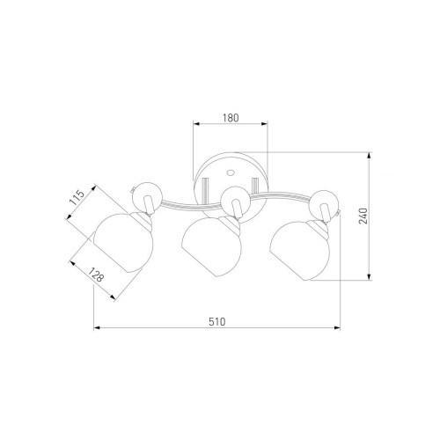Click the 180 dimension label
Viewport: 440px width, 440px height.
231,118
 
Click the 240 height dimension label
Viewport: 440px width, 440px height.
363,216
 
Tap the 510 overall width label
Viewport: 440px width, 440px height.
217,322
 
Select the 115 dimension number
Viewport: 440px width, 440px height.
77,197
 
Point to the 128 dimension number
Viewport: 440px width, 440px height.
96,275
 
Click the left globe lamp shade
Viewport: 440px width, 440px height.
123,243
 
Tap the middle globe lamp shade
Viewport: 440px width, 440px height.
211,246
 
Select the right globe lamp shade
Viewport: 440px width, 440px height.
300,251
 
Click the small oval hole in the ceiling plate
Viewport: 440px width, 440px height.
231,172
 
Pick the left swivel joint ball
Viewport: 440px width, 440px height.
147,196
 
